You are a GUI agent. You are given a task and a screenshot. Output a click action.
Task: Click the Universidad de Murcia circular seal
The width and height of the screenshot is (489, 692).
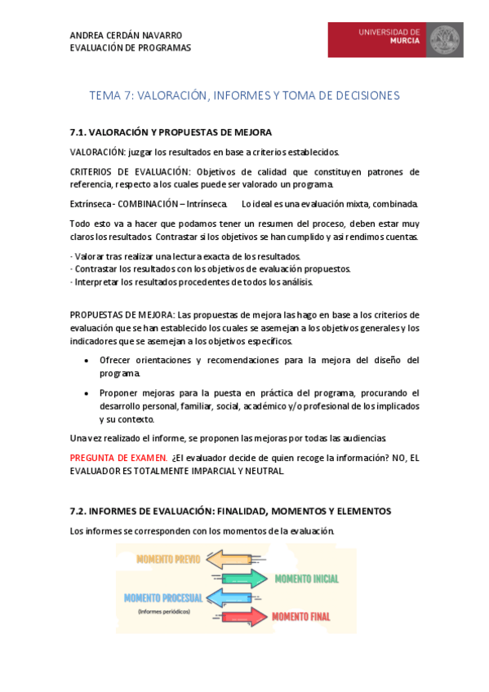coord(445,39)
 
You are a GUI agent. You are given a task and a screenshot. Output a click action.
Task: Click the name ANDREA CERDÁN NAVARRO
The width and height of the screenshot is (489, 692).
coord(126,35)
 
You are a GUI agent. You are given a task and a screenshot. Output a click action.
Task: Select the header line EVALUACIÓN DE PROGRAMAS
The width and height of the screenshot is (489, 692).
coord(131,47)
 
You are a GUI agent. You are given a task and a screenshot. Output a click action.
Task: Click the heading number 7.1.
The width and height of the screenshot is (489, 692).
coord(78,132)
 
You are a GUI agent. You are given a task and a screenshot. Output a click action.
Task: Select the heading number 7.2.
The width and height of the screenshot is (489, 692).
coord(78,511)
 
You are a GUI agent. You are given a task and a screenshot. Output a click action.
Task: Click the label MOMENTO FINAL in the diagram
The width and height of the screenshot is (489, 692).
coord(301,616)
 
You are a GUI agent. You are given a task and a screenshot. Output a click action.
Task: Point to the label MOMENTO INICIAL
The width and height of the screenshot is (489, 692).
coord(306,579)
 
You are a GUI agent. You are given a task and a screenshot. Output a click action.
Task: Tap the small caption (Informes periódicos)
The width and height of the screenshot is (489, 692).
coord(163,611)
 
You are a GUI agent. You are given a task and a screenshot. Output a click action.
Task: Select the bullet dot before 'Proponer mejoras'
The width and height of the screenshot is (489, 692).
coord(87,393)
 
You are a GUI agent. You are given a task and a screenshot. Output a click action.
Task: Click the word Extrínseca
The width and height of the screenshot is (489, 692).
coord(90,203)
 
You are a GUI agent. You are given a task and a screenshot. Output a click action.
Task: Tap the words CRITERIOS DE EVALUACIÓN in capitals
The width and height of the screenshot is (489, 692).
coord(130,172)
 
